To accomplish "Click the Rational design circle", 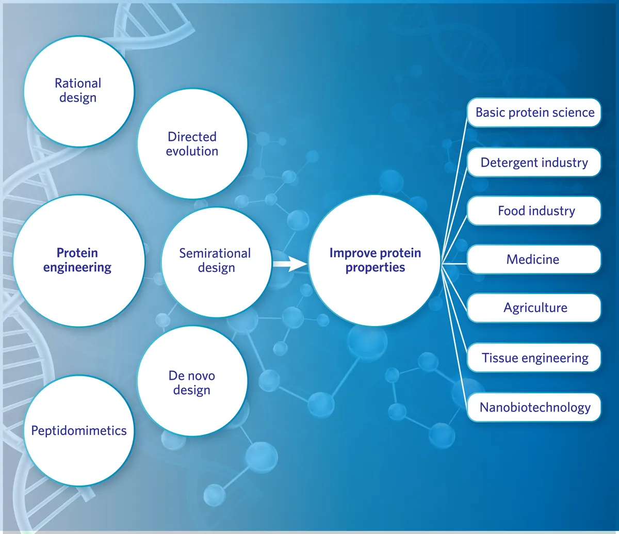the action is [x=79, y=91].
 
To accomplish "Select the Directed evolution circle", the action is [x=192, y=143].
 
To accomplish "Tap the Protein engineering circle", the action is [x=79, y=261].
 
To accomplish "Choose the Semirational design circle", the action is [x=216, y=262].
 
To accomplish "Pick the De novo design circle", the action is [x=192, y=381].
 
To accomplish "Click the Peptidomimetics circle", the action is [x=79, y=430].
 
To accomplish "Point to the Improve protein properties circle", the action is [x=375, y=260].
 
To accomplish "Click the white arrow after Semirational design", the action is [x=290, y=264].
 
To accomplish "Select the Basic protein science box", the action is [x=534, y=112].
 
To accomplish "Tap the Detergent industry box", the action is [x=534, y=163].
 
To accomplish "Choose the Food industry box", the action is [x=534, y=211].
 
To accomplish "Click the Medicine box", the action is [x=534, y=259].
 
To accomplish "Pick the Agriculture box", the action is [x=534, y=308].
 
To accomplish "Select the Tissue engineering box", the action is [x=534, y=358].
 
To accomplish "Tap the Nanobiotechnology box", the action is [x=534, y=407].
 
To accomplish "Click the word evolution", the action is [x=192, y=151].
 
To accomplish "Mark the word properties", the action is [x=375, y=267].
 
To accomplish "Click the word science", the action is [x=574, y=112].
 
